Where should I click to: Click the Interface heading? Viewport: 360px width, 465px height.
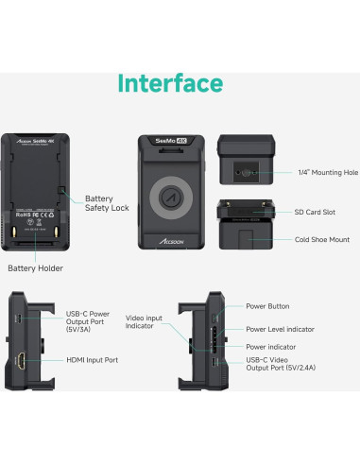pos(170,83)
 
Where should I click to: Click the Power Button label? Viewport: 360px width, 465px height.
pos(267,306)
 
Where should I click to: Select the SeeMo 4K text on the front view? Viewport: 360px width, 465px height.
pos(172,141)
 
